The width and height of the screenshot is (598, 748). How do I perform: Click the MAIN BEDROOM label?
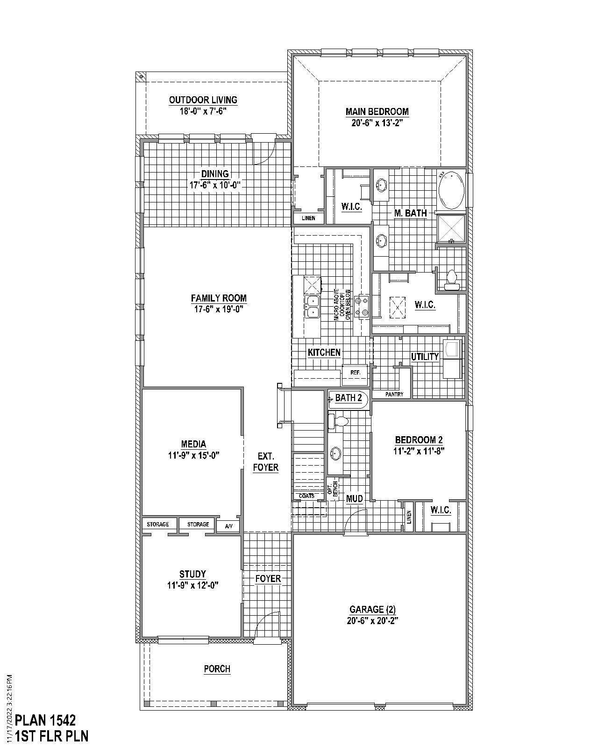click(377, 112)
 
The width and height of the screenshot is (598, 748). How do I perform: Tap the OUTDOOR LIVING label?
click(203, 100)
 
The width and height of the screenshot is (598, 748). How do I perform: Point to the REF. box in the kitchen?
click(355, 373)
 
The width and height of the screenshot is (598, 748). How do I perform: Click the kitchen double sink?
click(312, 307)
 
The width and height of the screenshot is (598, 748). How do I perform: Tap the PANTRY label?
click(394, 394)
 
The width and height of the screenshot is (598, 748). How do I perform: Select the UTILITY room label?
click(425, 357)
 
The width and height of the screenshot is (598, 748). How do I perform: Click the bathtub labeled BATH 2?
click(348, 398)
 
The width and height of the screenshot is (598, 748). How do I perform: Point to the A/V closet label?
click(228, 526)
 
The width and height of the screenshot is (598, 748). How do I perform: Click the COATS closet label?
click(306, 496)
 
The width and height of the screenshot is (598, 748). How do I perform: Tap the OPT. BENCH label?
click(333, 489)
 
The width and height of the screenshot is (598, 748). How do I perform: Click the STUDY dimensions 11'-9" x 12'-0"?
click(192, 585)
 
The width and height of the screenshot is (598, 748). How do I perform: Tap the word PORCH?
click(217, 669)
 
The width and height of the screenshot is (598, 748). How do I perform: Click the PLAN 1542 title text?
click(45, 720)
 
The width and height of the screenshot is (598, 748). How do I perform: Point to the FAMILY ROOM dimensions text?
click(219, 309)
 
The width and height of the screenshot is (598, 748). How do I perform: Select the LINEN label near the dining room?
click(308, 218)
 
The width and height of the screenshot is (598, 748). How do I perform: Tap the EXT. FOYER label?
click(265, 462)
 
